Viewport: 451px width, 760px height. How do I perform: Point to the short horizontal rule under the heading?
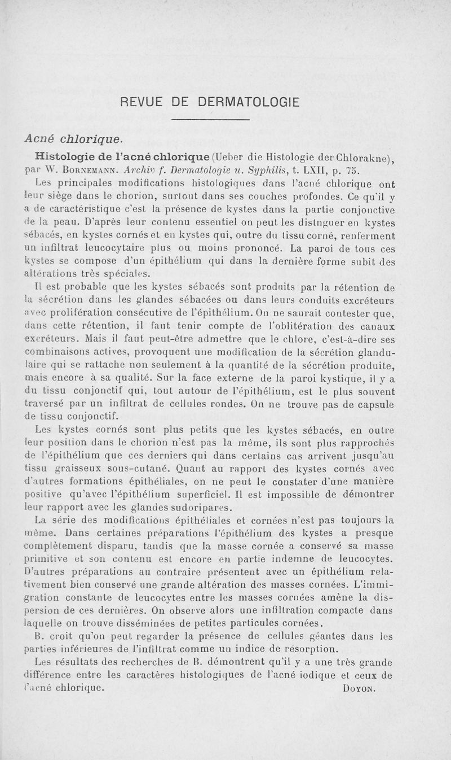[x=210, y=120]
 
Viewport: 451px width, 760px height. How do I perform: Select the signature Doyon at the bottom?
[x=359, y=688]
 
